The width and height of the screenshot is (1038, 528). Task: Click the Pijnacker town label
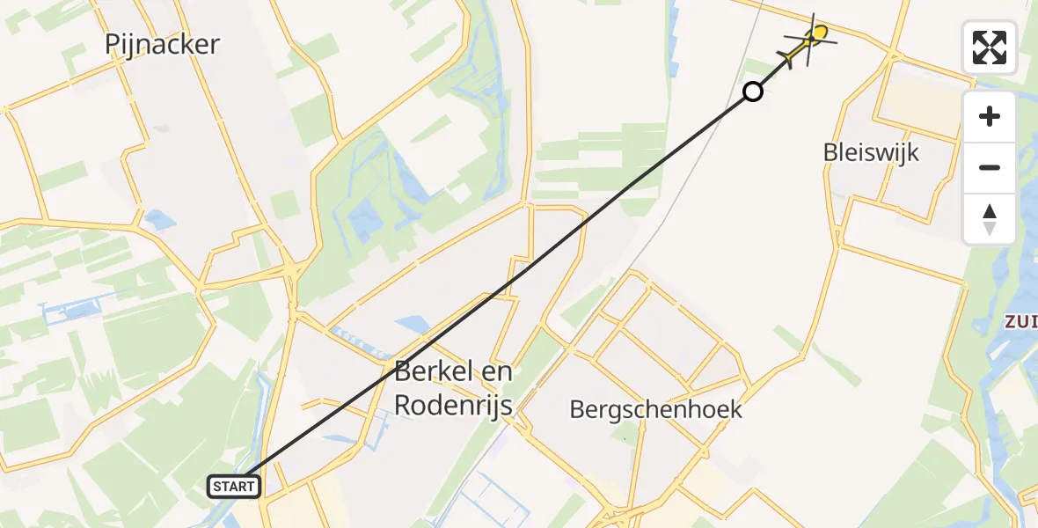point(162,45)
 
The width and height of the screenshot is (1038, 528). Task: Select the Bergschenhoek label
point(656,409)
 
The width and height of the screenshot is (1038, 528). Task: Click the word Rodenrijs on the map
point(452,405)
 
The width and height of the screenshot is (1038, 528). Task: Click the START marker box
point(234,486)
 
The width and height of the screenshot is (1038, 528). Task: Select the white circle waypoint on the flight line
point(753,91)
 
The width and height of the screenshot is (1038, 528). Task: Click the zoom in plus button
point(990,116)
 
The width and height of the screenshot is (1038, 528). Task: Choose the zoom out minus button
point(990,167)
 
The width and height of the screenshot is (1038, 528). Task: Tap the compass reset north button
point(990,218)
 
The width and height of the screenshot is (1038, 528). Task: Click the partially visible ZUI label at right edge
point(1020,322)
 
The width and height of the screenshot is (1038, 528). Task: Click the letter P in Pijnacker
point(113,45)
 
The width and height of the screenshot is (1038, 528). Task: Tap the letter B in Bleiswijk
point(830,152)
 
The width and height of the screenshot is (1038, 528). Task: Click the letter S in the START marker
point(216,487)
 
